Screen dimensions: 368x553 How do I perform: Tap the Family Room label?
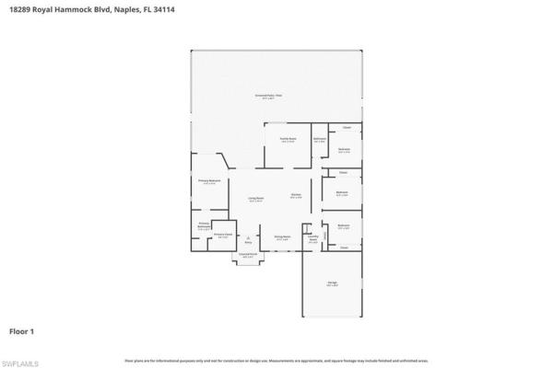[287, 141]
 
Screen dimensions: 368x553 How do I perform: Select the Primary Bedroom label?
[209, 182]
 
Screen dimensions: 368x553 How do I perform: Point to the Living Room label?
[255, 200]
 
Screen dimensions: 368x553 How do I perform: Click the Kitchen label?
[296, 196]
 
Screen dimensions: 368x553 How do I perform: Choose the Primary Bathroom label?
[205, 226]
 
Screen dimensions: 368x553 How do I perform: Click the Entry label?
[247, 243]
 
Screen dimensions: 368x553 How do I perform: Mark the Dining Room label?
[282, 237]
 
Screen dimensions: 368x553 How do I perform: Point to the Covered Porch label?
[248, 255]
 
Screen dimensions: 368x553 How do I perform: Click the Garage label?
[331, 283]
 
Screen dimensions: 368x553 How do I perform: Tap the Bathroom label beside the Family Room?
[320, 140]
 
